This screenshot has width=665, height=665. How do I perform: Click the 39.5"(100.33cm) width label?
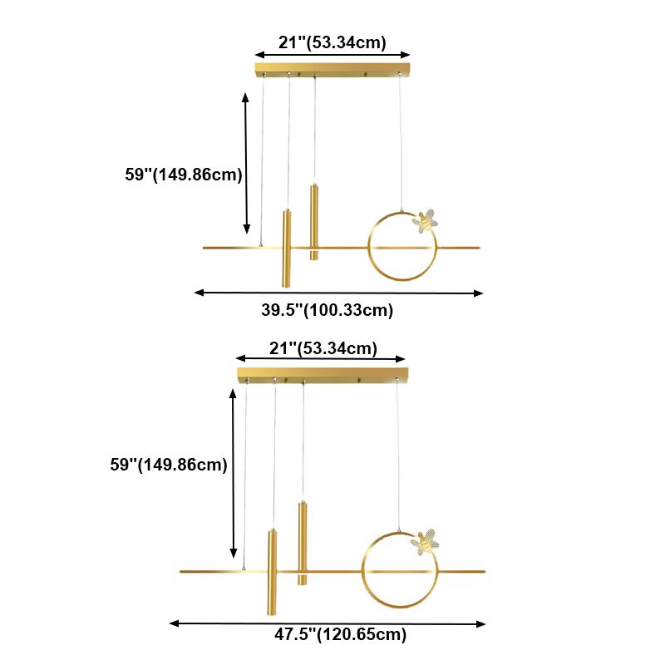(327, 311)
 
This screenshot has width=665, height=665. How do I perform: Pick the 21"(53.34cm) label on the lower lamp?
(322, 347)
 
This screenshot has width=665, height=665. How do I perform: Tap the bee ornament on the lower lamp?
(427, 541)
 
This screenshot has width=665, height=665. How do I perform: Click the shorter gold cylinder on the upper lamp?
(313, 221)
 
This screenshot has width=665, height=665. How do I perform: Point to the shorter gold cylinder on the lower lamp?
(303, 542)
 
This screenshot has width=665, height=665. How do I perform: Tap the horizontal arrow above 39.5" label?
(338, 293)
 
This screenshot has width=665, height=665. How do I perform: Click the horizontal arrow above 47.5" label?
(328, 623)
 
